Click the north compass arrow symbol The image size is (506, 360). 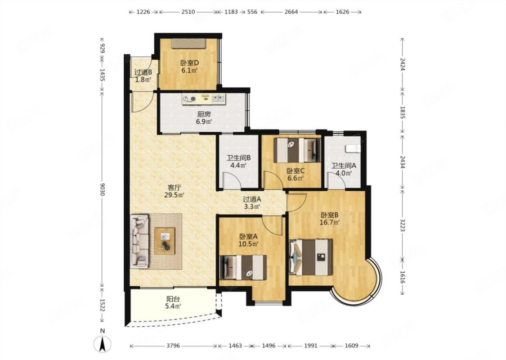[x=102, y=344]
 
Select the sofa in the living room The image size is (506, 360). [x=140, y=242]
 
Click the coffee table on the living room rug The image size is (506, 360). [x=165, y=241]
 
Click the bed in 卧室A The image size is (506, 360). [x=243, y=267]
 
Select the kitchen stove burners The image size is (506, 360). [x=189, y=99]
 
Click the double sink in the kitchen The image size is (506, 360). [x=219, y=99]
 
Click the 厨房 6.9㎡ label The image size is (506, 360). [x=204, y=118]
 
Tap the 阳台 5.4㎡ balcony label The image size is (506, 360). [x=173, y=302]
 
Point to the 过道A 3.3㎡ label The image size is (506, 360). [x=252, y=203]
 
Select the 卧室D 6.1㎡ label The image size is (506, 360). [x=189, y=66]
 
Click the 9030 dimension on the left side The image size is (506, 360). [x=102, y=189]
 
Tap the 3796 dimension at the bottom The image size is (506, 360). [x=173, y=346]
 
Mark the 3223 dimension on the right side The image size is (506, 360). [x=403, y=225]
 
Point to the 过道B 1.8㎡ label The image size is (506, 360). [x=143, y=76]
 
